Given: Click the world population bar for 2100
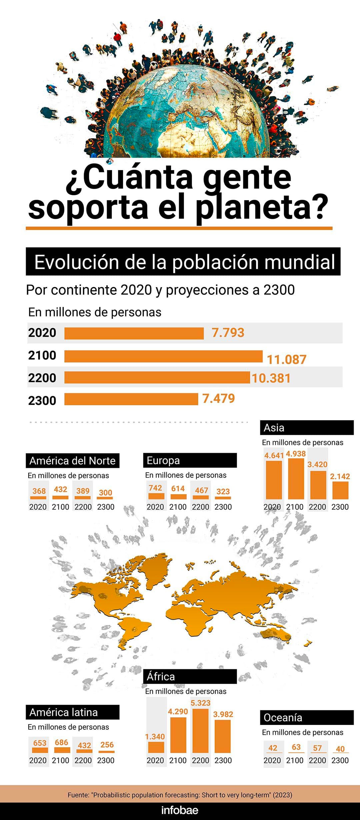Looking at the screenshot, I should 163,356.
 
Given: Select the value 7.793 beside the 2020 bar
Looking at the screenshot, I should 228,333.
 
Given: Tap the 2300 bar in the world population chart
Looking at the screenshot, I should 131,399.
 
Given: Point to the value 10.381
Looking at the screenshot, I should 271,378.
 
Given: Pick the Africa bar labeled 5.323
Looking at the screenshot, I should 200,731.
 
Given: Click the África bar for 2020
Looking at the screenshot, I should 156,747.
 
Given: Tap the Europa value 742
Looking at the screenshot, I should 155,488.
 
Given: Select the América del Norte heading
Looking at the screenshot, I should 72,461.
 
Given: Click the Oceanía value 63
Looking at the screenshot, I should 296,747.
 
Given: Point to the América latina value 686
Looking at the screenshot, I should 62,742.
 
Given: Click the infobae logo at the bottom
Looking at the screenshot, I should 180,810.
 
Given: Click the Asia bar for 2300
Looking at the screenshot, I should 340,490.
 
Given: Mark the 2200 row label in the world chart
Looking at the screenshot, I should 42,378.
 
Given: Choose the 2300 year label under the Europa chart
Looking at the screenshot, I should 223,507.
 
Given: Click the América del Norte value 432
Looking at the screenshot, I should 60,489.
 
